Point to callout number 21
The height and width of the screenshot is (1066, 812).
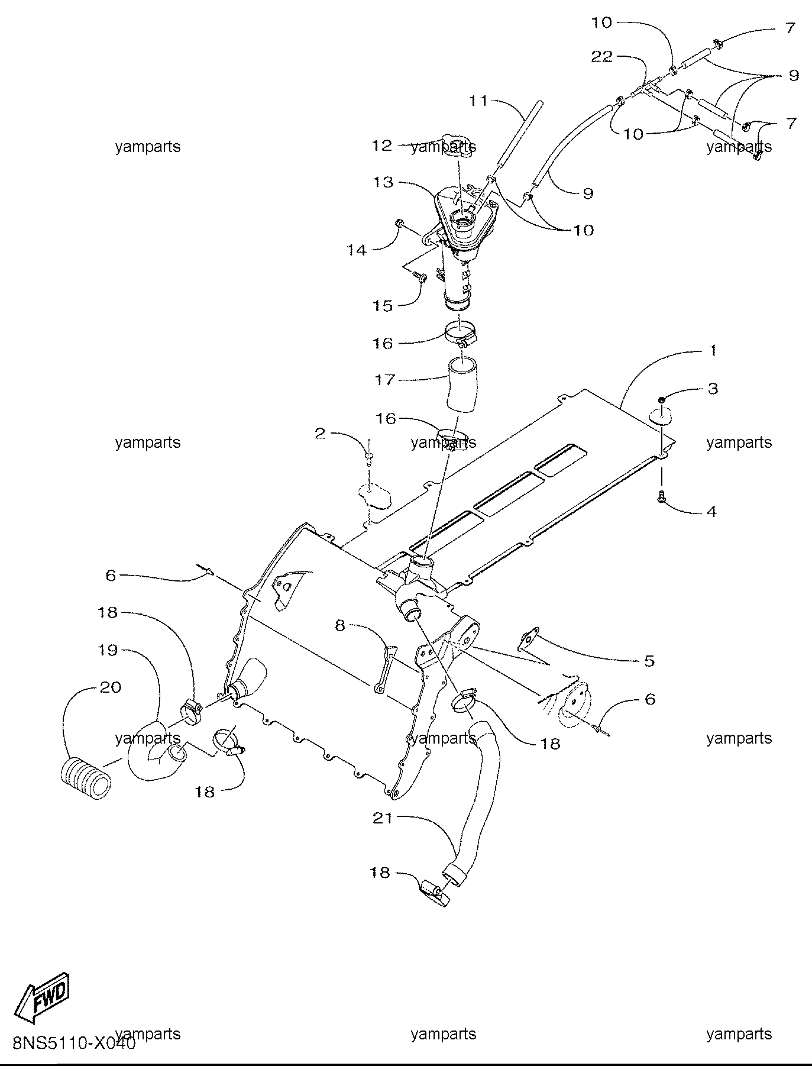point(383,819)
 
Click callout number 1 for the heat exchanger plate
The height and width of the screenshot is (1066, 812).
point(713,350)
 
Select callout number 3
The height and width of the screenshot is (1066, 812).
point(713,388)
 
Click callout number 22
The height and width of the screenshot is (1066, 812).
point(602,56)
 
